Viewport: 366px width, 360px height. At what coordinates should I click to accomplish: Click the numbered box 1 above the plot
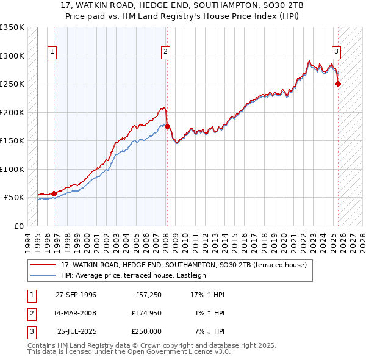[x=52, y=52]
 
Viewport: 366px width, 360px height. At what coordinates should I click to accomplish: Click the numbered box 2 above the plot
[x=165, y=52]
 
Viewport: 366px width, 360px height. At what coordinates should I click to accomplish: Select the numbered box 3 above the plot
[x=336, y=52]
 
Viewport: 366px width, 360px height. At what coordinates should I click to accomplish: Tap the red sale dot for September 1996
[x=54, y=193]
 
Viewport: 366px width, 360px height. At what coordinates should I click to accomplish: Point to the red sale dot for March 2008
[x=167, y=126]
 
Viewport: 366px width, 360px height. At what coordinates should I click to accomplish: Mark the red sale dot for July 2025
[x=339, y=84]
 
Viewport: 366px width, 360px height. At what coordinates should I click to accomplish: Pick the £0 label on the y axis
[x=18, y=226]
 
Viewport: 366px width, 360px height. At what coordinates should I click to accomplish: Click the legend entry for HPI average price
[x=134, y=275]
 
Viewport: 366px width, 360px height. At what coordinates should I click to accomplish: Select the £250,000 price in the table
[x=146, y=331]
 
